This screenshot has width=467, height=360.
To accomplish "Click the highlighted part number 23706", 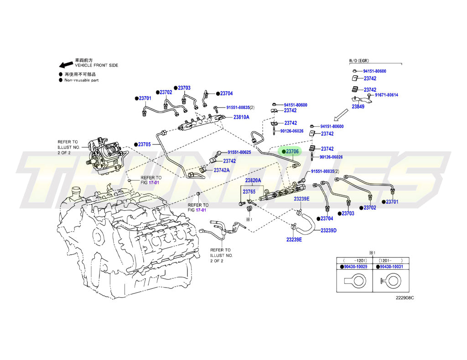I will coord(292,151).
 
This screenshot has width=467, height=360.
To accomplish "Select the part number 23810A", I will coord(241,117).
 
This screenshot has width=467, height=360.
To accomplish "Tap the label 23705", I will coord(144,144).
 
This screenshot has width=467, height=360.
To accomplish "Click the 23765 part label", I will coord(249,192).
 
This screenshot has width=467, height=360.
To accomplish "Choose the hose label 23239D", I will coord(328,231).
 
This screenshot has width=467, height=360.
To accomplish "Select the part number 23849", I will coord(358,107).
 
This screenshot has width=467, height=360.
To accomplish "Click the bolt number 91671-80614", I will coord(386,95).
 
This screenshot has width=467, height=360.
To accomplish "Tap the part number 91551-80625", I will coord(239,152).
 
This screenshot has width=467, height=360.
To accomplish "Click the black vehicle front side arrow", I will coord(66,65).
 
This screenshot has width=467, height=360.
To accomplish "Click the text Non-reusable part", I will coord(81,80).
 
